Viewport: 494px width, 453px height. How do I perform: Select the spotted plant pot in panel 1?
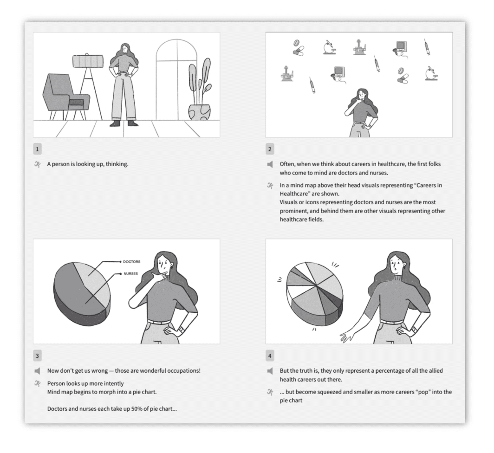pyautogui.click(x=199, y=112)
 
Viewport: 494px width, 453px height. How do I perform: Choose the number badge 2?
pyautogui.click(x=271, y=149)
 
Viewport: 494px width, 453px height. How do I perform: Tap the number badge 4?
pyautogui.click(x=271, y=356)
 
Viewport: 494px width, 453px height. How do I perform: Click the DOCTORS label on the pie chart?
pyautogui.click(x=132, y=262)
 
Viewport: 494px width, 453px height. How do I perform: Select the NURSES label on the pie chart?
pyautogui.click(x=131, y=274)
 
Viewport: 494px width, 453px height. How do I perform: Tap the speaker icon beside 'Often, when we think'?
pyautogui.click(x=270, y=164)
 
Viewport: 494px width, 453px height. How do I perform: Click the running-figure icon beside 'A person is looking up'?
pyautogui.click(x=38, y=164)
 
